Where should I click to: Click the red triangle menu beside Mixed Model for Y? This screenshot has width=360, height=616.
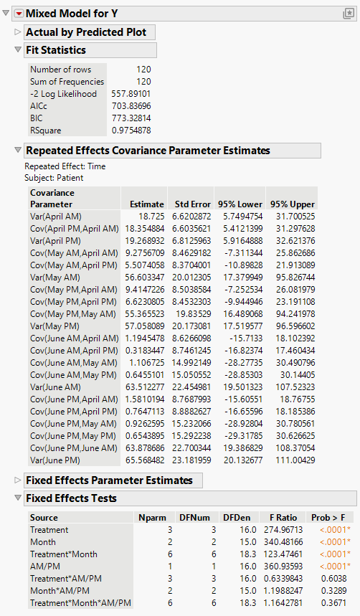click(x=19, y=13)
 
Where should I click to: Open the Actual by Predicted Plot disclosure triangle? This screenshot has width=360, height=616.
click(x=18, y=32)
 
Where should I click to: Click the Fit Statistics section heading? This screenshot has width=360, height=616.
click(x=56, y=50)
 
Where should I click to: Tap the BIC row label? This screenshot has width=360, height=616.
click(x=37, y=118)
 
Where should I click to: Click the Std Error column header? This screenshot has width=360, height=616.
click(x=192, y=204)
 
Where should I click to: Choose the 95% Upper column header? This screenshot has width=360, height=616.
click(x=290, y=204)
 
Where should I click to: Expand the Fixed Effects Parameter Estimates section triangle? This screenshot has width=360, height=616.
click(x=18, y=480)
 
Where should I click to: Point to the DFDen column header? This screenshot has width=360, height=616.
click(x=235, y=517)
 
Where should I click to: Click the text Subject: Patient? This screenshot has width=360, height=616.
click(x=54, y=177)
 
